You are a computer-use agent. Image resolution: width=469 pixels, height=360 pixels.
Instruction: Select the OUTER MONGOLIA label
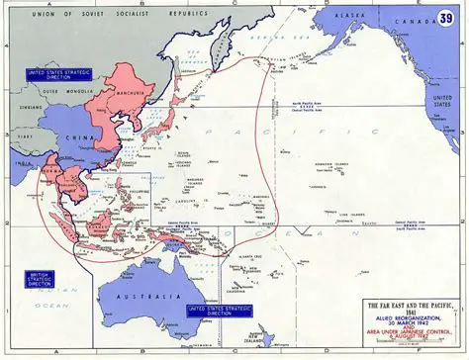click(x=61, y=95)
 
